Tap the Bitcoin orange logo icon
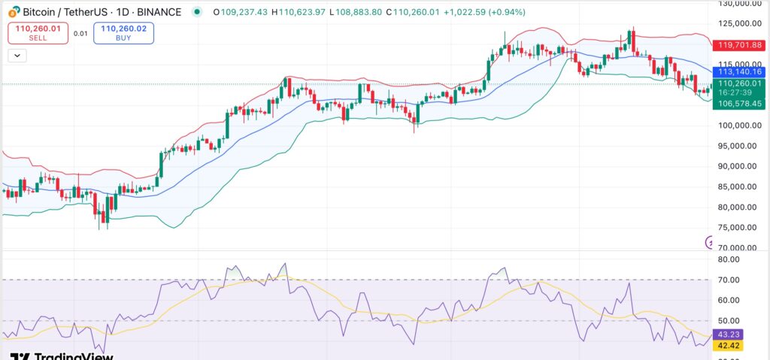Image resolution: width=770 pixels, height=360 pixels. (13, 12)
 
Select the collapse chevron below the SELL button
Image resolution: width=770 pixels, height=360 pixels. (17, 56)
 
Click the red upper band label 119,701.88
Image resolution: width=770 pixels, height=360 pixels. (739, 44)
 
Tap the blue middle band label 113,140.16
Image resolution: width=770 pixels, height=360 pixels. (739, 71)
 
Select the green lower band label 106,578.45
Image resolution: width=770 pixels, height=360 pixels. (739, 104)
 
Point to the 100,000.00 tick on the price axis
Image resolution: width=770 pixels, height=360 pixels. (739, 126)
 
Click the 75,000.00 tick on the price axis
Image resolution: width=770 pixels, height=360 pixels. (739, 227)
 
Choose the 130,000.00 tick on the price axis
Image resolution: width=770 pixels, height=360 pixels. (739, 4)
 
